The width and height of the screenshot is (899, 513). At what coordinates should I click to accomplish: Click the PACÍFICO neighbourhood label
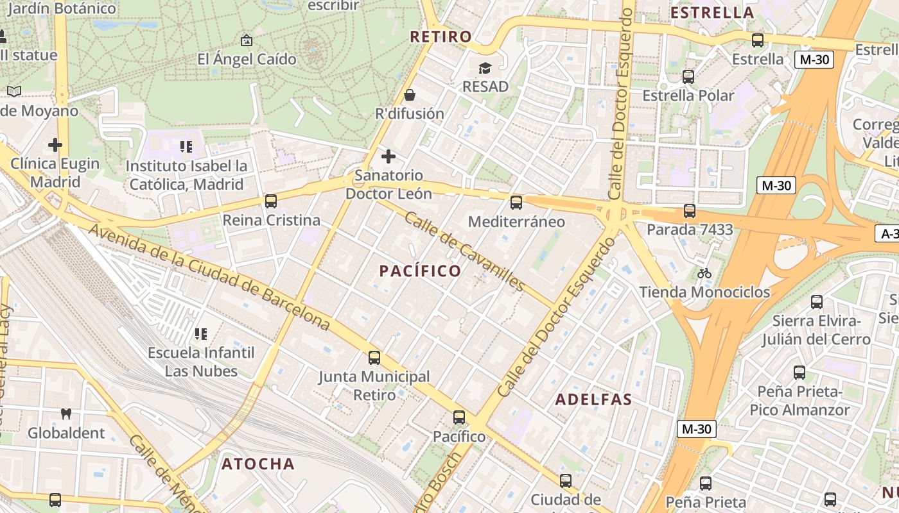(x=420, y=271)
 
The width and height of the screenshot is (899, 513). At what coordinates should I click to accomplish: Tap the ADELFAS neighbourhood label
(x=593, y=399)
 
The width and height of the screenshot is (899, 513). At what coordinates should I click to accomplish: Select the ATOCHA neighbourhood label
(x=258, y=464)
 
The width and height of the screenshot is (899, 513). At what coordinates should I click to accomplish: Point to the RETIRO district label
(x=441, y=37)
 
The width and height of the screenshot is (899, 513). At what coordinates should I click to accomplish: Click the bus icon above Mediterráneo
(x=516, y=203)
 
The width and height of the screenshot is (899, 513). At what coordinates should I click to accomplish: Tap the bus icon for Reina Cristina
(x=271, y=201)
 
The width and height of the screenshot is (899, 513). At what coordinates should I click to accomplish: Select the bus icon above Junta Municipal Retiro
(x=374, y=357)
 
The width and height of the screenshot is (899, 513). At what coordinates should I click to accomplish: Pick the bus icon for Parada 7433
(x=690, y=210)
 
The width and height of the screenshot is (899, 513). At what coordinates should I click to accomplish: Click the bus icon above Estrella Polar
(x=688, y=77)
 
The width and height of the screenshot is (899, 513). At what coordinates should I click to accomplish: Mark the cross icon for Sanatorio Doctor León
(x=388, y=156)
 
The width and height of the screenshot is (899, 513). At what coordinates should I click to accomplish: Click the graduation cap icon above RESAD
(x=485, y=68)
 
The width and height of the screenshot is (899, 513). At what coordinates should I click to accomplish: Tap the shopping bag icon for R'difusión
(x=410, y=96)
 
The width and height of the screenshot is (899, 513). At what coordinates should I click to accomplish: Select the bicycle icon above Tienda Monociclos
(x=704, y=273)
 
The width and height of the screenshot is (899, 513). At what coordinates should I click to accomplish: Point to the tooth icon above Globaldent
(x=65, y=414)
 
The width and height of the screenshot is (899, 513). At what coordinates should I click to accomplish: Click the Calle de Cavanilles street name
(x=465, y=251)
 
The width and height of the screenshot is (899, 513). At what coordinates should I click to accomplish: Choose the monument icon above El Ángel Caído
(x=246, y=41)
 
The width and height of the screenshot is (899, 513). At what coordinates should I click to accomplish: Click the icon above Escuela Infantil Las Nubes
(x=200, y=334)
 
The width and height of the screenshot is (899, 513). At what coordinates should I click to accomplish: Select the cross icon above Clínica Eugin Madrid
(x=55, y=145)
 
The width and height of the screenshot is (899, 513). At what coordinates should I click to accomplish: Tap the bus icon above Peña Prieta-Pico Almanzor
(x=799, y=372)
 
